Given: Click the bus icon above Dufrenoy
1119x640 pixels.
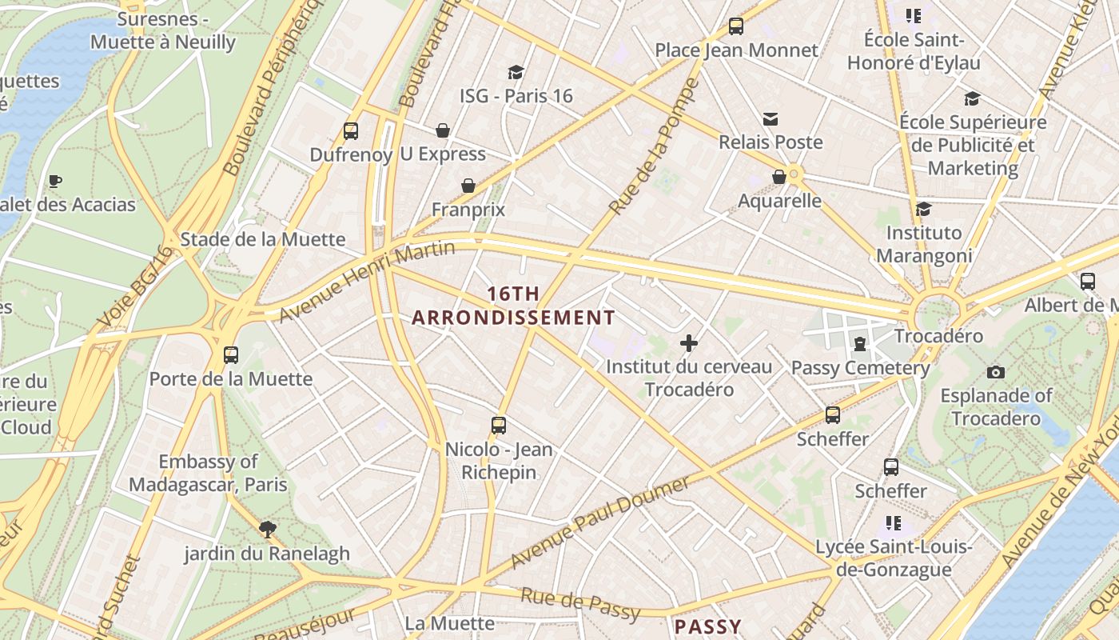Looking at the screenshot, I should pos(350,131).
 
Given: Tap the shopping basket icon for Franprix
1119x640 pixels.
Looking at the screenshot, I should pos(468,186).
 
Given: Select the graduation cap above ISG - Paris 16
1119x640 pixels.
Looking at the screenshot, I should pos(516,72).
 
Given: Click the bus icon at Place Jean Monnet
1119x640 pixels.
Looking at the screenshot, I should pos(736,26).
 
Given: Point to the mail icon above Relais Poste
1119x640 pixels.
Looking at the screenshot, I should pos(771,119).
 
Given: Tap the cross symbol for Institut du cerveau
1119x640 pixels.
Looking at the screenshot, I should pos(689,344).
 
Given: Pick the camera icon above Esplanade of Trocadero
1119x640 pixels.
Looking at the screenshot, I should pos(995,372).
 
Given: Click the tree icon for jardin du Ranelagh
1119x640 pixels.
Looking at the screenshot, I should pos(267,529).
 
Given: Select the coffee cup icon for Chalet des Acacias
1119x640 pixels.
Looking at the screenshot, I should pos(54,182).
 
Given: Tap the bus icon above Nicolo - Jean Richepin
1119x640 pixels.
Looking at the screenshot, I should pos(499,426).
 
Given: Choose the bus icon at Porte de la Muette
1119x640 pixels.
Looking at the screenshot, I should pos(231,354).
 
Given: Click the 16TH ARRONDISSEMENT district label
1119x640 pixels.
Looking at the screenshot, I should pos(513,306).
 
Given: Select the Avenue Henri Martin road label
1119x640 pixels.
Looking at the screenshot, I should pos(367,282).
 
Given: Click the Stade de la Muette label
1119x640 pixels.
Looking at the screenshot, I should pos(263,239).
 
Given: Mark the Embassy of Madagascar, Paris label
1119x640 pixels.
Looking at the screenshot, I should pos(208,473).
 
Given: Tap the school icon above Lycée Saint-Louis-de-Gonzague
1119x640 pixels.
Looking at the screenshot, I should pos(893,524).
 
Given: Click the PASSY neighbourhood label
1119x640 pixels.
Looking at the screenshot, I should pos(708,626).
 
